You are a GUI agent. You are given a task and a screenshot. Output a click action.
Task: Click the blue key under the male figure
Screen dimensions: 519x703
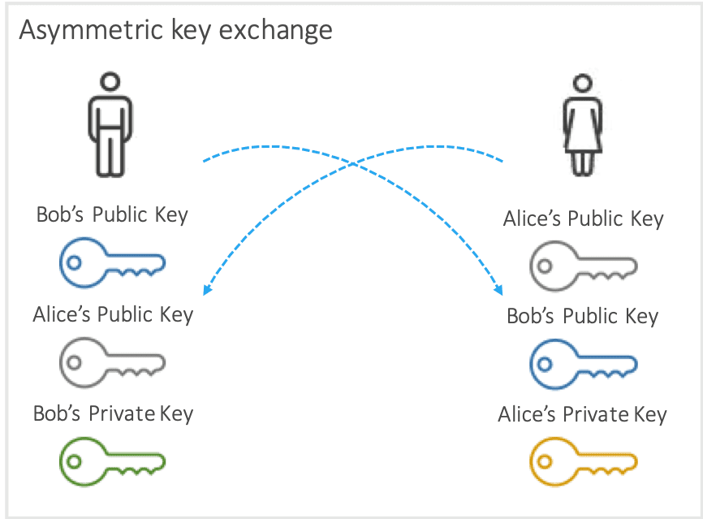pyautogui.click(x=112, y=262)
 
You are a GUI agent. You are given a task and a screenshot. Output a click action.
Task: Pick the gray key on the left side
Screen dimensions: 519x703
pyautogui.click(x=112, y=361)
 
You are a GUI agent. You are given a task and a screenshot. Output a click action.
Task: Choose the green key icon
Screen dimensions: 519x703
pyautogui.click(x=112, y=461)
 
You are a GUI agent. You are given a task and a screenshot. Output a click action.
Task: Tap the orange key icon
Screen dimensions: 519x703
pyautogui.click(x=582, y=463)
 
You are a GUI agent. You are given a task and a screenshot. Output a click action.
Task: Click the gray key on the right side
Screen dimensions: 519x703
pyautogui.click(x=582, y=266)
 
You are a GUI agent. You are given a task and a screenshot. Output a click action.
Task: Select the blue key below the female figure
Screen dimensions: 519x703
pyautogui.click(x=582, y=363)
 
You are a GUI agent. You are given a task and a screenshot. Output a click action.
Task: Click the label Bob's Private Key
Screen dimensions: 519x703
pyautogui.click(x=113, y=413)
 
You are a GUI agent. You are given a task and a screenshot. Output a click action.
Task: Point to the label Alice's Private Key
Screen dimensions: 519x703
pyautogui.click(x=582, y=415)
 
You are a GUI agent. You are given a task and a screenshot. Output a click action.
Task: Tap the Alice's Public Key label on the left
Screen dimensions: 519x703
pyautogui.click(x=113, y=314)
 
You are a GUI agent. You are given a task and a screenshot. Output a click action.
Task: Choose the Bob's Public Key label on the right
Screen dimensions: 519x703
pyautogui.click(x=582, y=316)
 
